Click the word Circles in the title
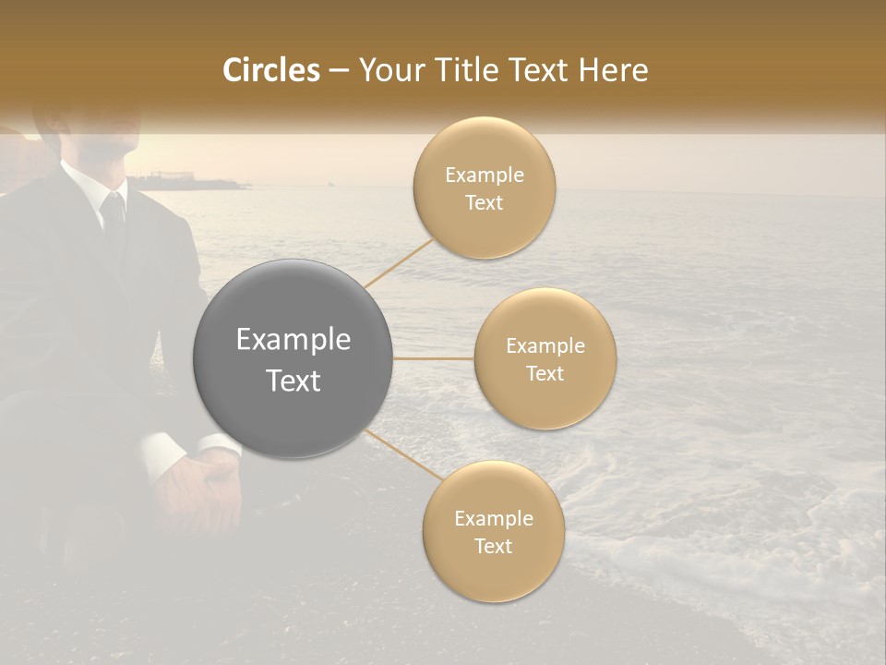(270, 70)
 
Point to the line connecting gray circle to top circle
(400, 262)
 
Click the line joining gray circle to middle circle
(434, 358)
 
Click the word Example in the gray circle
(293, 340)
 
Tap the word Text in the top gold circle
(484, 203)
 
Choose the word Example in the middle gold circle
(545, 346)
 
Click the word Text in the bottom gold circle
(493, 546)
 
